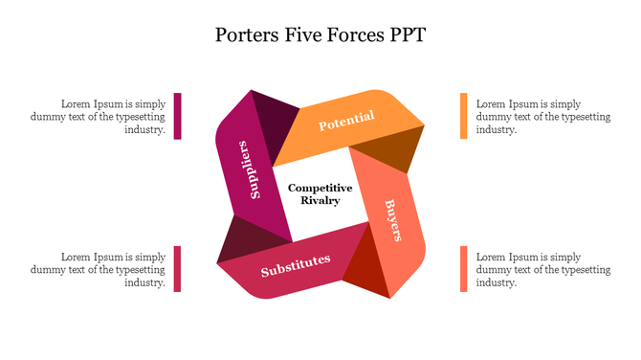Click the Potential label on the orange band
[x=345, y=122]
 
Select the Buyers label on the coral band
[x=392, y=220]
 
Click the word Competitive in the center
[x=320, y=188]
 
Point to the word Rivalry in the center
[x=320, y=201]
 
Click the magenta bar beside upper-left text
[x=178, y=116]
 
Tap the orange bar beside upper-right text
[x=463, y=116]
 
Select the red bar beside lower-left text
[x=178, y=268]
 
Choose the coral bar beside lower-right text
[x=463, y=268]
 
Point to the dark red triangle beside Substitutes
[x=367, y=269]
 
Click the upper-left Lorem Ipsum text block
[x=113, y=116]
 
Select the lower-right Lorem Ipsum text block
[x=542, y=269]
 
